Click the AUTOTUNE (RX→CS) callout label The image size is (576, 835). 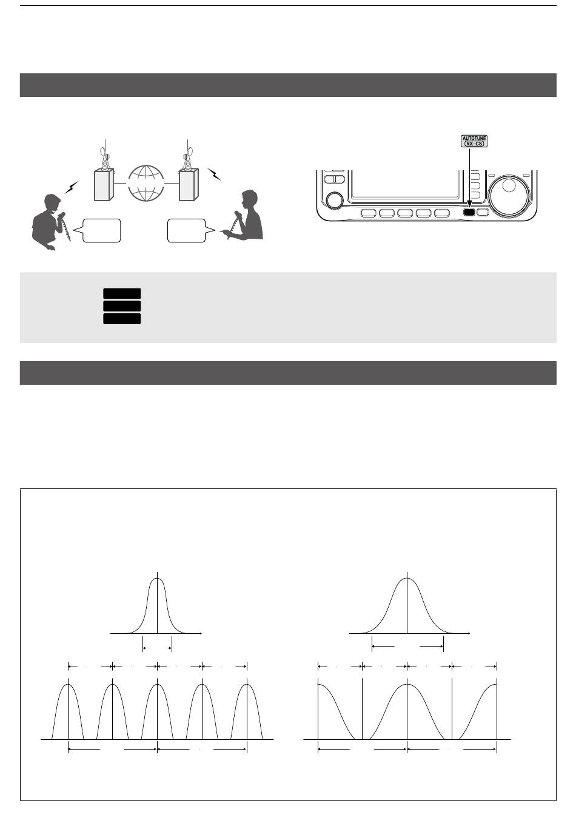point(474,141)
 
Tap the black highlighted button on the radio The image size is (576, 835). point(469,213)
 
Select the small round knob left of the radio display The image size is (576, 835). point(335,200)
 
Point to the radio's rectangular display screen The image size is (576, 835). point(405,184)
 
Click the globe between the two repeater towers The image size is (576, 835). point(146,184)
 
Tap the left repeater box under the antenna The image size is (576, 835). point(103,185)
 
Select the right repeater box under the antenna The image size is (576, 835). point(189,185)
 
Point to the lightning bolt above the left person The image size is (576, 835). point(71,187)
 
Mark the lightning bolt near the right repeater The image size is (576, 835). point(214,174)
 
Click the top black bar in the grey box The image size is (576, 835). point(122,293)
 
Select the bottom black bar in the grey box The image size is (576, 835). point(122,319)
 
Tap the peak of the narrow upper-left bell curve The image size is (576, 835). point(158,578)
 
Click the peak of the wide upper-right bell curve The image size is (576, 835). point(407,578)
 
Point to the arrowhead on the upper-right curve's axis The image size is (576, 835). point(469,633)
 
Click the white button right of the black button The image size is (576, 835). point(483,213)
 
